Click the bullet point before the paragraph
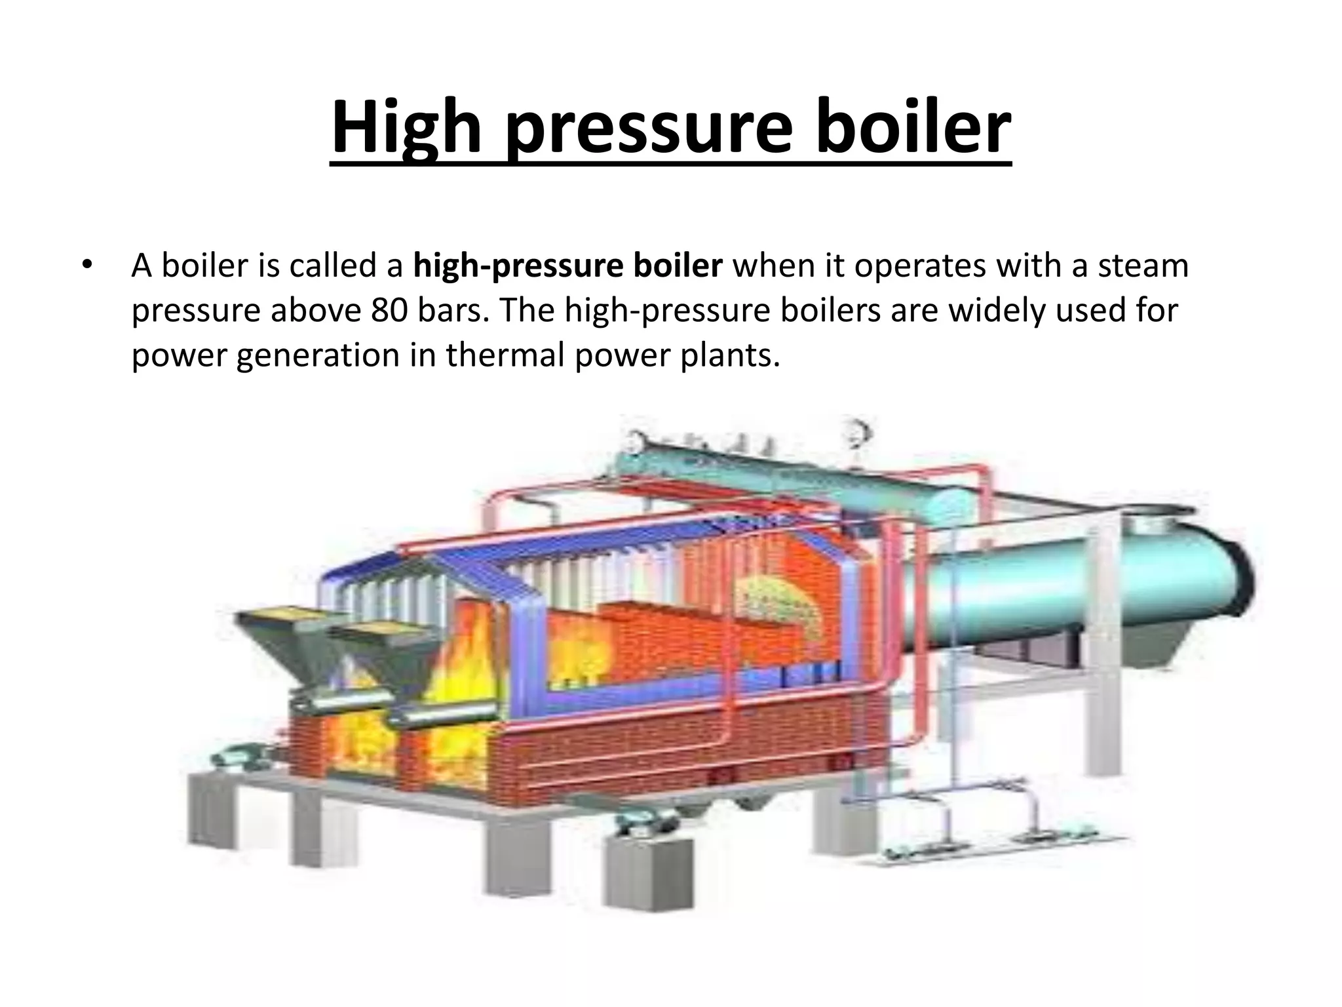tap(87, 266)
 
